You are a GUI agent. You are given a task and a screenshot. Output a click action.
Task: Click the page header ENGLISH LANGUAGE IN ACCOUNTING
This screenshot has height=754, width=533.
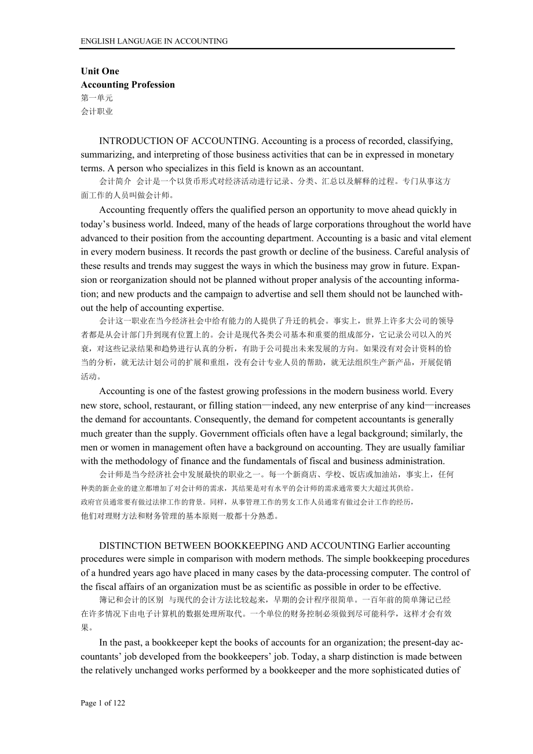(x=154, y=41)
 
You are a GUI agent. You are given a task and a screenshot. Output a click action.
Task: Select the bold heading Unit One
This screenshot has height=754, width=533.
(x=100, y=71)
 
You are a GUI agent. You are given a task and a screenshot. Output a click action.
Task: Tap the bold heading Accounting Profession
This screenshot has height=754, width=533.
(x=127, y=84)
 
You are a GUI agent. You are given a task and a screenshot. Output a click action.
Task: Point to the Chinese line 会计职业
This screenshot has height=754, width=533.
(x=97, y=112)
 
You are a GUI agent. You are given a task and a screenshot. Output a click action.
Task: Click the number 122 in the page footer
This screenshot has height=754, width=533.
(x=119, y=703)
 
